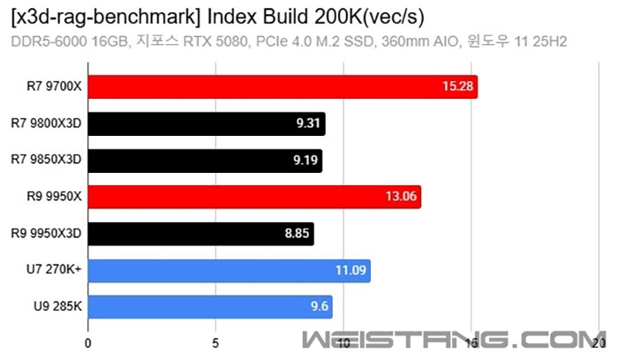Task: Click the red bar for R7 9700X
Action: [283, 86]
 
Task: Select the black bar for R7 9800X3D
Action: [207, 124]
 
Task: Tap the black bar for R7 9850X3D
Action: [205, 161]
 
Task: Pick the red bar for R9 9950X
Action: [254, 197]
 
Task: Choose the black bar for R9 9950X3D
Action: [200, 234]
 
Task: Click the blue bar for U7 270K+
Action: [229, 270]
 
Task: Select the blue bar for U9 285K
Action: [210, 307]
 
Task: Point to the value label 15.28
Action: [456, 86]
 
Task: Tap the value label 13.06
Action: [401, 197]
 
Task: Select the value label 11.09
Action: [350, 270]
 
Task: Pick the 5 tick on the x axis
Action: [215, 342]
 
